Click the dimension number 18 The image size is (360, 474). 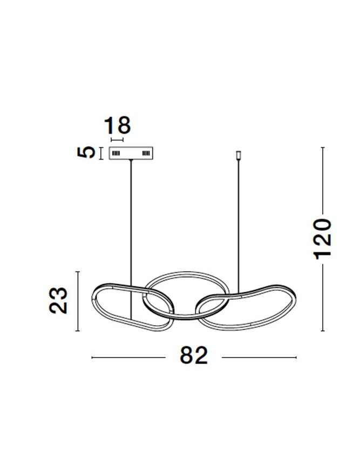[x=117, y=126]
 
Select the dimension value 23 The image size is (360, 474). [x=58, y=301]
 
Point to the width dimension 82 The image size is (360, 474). [x=194, y=356]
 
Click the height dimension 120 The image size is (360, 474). [x=322, y=239]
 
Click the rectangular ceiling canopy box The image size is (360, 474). [x=132, y=153]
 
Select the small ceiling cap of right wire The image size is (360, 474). [x=239, y=156]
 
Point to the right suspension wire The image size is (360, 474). [x=239, y=226]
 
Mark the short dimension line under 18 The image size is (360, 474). [x=117, y=139]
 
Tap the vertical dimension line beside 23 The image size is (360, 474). [x=79, y=301]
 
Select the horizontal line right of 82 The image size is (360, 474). [x=259, y=357]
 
